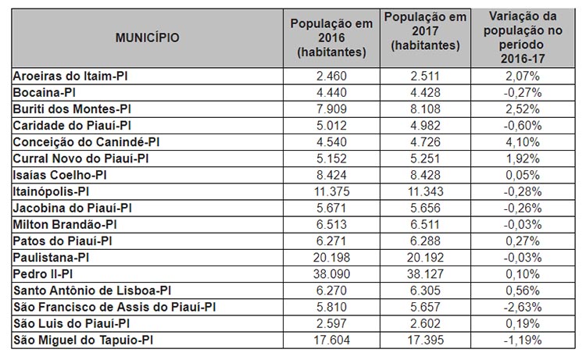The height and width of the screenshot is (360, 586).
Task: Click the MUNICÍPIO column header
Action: tap(147, 37)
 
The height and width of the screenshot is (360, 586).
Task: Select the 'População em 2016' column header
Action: tap(331, 37)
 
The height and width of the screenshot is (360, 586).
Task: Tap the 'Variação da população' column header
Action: tap(523, 37)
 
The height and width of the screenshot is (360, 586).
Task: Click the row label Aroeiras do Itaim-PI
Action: tap(70, 77)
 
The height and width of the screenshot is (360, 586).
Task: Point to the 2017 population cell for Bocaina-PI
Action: tap(425, 93)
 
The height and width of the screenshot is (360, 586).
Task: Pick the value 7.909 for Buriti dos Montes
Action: tap(331, 109)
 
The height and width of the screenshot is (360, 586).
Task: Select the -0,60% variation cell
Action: tap(523, 126)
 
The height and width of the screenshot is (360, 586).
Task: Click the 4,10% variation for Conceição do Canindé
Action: tap(523, 142)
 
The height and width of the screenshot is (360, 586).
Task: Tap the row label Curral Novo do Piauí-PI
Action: tap(80, 159)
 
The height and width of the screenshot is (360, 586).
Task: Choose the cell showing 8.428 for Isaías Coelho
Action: tap(425, 175)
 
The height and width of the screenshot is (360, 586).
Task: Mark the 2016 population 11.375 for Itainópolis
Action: tap(331, 191)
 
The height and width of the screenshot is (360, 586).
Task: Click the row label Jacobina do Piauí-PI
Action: tap(72, 208)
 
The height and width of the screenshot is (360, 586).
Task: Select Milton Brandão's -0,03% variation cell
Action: tap(523, 224)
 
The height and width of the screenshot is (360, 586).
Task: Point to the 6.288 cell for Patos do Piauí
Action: tap(425, 241)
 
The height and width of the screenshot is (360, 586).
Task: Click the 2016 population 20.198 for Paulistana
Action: tap(331, 257)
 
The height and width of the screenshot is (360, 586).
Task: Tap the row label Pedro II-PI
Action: tap(43, 274)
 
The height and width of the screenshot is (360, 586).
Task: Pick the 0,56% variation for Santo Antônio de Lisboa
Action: tap(523, 290)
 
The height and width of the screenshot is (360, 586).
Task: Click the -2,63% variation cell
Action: tap(523, 307)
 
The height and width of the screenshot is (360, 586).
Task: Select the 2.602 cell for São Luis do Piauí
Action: tap(425, 323)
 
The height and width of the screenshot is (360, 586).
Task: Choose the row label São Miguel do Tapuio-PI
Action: tap(83, 340)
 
